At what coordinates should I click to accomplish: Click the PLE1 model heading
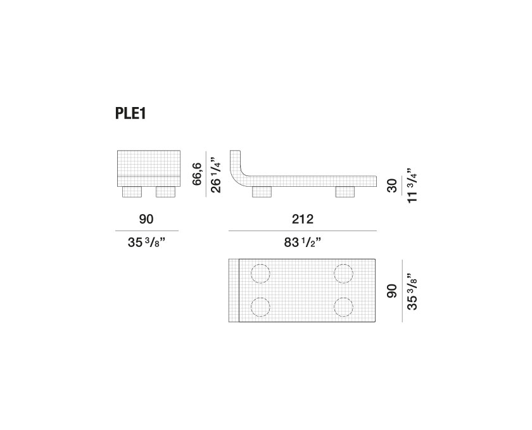tap(130, 113)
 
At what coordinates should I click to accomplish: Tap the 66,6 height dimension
tap(197, 174)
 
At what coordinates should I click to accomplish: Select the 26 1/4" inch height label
tap(216, 175)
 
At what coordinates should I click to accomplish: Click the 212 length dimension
tap(303, 219)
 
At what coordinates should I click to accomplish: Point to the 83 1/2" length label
tap(303, 243)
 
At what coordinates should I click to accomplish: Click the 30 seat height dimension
tap(392, 186)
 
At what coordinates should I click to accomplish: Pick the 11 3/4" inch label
tap(412, 186)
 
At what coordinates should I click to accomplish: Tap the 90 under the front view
tap(146, 219)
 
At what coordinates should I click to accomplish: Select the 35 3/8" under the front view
tap(146, 243)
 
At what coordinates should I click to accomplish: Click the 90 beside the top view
tap(392, 291)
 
